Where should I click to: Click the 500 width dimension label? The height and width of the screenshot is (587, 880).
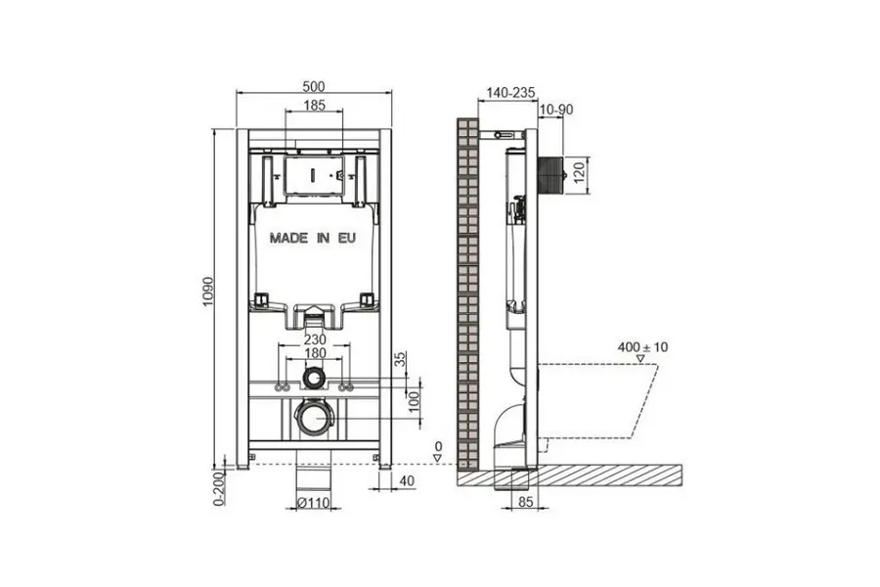coord(314,86)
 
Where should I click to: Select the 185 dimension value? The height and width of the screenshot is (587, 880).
coord(314,105)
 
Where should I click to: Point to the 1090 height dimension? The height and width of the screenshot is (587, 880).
coord(209,292)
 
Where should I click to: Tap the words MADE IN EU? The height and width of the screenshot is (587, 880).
coord(313,238)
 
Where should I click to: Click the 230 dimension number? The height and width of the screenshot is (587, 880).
coord(315,339)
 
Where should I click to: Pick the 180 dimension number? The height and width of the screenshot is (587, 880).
coord(315,353)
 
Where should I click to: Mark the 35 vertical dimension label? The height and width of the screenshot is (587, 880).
coord(400,359)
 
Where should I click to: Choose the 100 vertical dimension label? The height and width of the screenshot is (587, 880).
coord(415,402)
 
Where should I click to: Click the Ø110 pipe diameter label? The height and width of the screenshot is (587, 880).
coord(314,503)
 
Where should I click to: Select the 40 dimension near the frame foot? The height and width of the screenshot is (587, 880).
coord(407,480)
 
